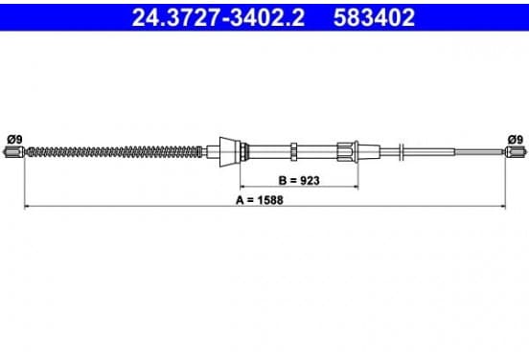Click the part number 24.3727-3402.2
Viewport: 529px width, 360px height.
click(x=218, y=17)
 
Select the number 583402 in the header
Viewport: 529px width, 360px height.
click(x=374, y=17)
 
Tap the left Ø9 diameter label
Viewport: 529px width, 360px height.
click(x=14, y=139)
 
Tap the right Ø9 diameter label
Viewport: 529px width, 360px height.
click(x=516, y=139)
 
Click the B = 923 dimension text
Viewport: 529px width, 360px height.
click(x=299, y=181)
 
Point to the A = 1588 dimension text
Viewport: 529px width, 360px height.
click(x=260, y=200)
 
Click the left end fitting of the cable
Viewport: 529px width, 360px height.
click(x=13, y=152)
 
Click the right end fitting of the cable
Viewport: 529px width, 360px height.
click(x=516, y=152)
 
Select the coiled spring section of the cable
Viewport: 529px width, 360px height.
click(x=115, y=152)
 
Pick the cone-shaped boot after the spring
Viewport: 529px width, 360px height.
click(x=230, y=152)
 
